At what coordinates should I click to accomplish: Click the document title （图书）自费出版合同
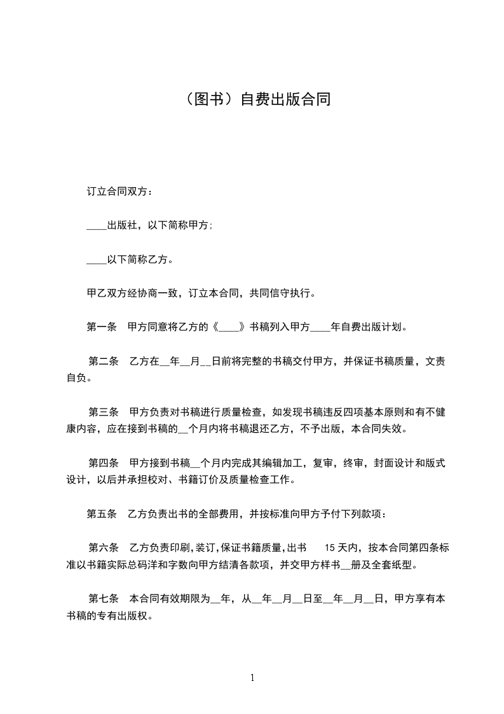[x=252, y=100]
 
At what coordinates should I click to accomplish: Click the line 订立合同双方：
[x=119, y=191]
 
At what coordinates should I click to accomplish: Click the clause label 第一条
[x=101, y=328]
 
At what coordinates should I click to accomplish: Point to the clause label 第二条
[x=104, y=362]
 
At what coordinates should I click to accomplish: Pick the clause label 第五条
[x=101, y=514]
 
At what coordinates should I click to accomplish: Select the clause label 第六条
[x=104, y=548]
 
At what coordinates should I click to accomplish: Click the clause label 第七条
[x=104, y=599]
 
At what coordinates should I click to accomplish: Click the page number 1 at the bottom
[x=252, y=678]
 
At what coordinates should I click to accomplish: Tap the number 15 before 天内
[x=330, y=548]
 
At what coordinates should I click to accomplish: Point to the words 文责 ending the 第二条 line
[x=435, y=362]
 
